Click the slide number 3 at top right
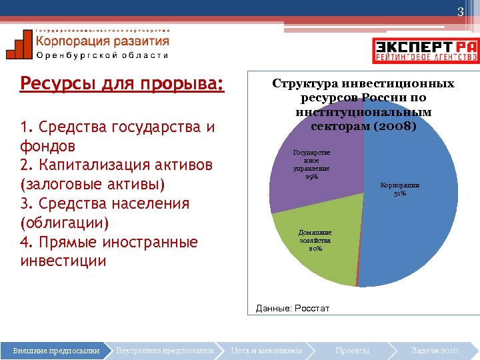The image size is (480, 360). point(459,12)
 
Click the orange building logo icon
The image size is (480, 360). point(19,45)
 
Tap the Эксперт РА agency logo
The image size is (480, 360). point(425,50)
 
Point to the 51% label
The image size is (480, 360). point(400,194)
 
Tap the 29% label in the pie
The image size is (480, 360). point(311,177)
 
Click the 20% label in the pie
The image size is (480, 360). point(315,249)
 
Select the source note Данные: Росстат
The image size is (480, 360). point(292,309)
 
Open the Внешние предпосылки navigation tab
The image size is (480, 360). point(57,350)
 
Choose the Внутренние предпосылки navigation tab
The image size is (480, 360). point(164,350)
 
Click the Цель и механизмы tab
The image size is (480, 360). point(266,350)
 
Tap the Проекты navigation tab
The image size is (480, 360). point(353,350)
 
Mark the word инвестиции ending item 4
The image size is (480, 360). point(63,261)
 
